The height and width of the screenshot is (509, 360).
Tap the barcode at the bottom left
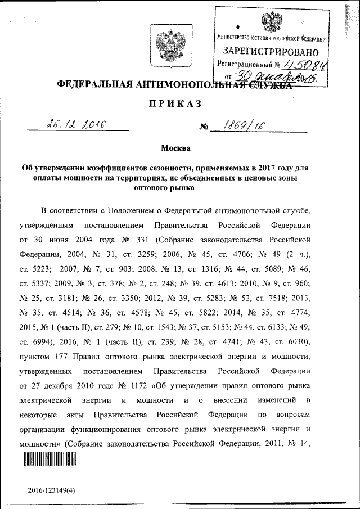49,460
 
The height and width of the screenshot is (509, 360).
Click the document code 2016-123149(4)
55,490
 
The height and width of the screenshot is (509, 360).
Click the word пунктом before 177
36,357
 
